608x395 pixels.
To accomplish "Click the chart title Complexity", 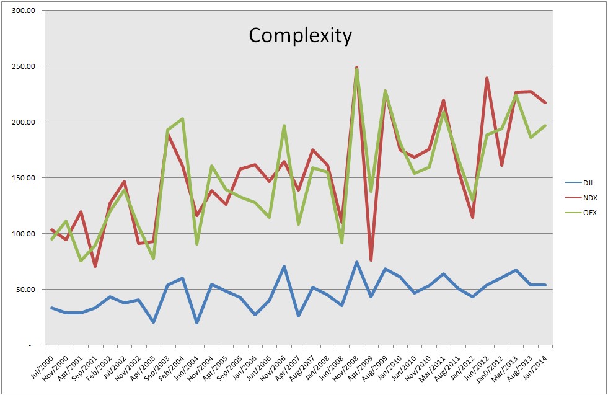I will (300, 35).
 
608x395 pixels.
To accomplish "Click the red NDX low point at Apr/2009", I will (371, 260).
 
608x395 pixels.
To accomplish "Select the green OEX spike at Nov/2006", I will (284, 126).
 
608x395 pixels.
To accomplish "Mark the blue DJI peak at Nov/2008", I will (356, 262).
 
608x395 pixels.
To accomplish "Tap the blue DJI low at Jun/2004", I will (196, 322).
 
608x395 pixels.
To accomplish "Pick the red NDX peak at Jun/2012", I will (487, 78).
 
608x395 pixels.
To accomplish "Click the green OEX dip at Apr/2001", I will (81, 260).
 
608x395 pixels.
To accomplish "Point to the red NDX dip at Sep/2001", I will (95, 266).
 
